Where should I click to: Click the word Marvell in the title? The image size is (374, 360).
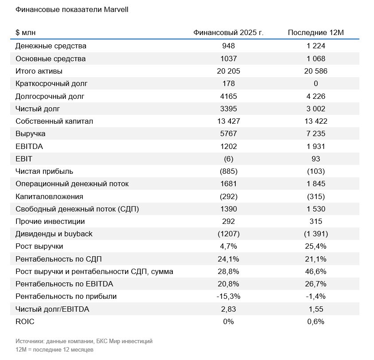tap(116, 10)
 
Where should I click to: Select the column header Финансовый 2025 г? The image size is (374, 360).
tap(228, 32)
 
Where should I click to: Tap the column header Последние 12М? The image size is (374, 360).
tap(316, 32)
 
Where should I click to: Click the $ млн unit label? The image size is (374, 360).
tap(26, 32)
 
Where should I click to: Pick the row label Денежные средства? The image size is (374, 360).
tap(51, 46)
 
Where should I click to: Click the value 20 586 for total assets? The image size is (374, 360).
tap(316, 71)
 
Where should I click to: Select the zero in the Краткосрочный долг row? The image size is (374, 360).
tap(316, 83)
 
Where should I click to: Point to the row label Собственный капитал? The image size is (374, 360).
tap(54, 121)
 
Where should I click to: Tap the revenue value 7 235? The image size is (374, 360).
tap(316, 133)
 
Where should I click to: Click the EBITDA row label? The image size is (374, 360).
tap(29, 146)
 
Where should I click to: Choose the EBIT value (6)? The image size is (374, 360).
tap(229, 159)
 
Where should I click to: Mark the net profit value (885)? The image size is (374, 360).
tap(229, 171)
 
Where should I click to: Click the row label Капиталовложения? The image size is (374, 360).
tap(49, 196)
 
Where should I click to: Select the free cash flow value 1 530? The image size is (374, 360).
tap(316, 209)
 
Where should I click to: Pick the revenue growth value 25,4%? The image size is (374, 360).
tap(316, 246)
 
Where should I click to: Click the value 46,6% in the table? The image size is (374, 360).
tap(316, 271)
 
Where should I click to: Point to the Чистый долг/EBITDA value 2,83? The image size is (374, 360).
tap(229, 309)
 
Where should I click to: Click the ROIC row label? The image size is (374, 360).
tap(25, 321)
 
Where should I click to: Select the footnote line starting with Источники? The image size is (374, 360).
tap(84, 341)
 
